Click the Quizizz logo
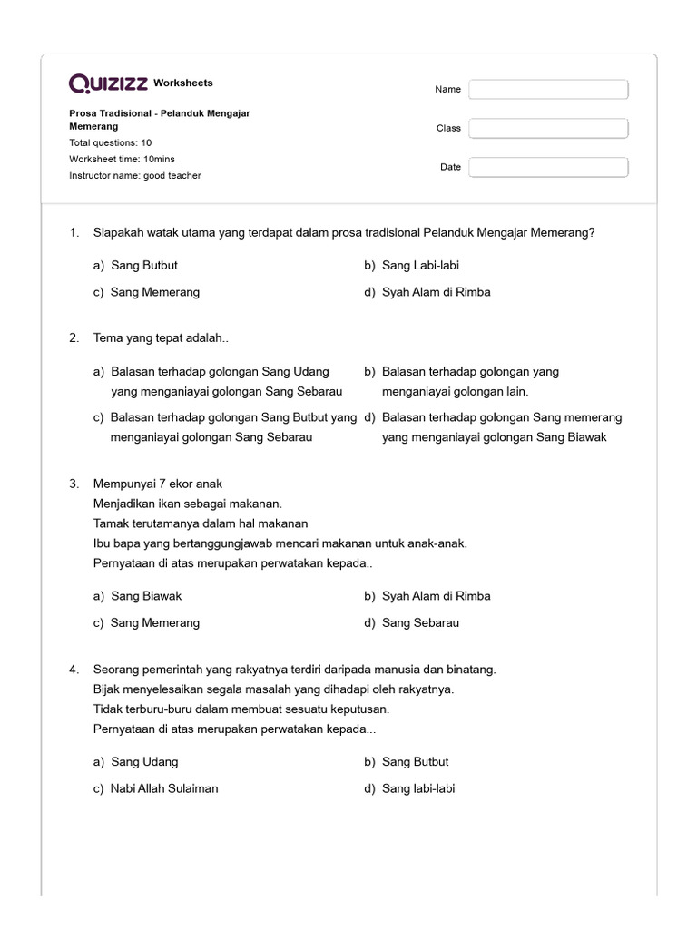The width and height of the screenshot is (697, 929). [109, 83]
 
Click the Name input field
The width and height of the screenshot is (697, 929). [548, 89]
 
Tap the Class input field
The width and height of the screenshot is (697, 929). [548, 128]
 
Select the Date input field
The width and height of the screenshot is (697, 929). [548, 167]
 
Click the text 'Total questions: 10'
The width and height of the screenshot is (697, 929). [111, 143]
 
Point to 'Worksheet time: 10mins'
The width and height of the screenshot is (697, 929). [122, 159]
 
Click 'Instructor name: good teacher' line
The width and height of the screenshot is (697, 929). [135, 175]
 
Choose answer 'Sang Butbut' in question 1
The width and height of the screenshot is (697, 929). [143, 266]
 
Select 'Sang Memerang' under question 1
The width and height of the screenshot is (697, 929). [154, 292]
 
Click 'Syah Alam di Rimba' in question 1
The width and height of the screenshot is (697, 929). [436, 292]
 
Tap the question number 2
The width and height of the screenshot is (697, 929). [74, 338]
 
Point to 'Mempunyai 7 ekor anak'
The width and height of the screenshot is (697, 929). [158, 484]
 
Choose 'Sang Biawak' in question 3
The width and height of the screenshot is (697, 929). [145, 596]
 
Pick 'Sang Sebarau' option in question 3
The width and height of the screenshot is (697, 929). [420, 622]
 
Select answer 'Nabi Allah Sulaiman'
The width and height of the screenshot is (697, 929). [163, 788]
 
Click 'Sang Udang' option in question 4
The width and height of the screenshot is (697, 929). [143, 762]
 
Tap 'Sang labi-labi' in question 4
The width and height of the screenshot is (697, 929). [418, 788]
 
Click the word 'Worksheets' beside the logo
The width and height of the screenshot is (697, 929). [183, 83]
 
